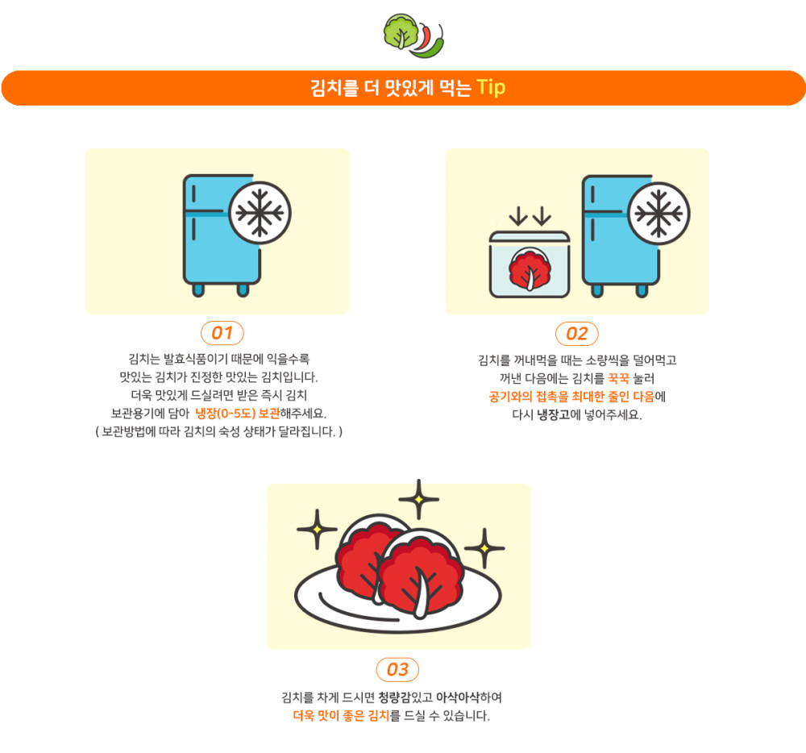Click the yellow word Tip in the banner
coord(491,88)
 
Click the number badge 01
coord(222,333)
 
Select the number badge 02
coord(577,334)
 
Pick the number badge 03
coord(397,670)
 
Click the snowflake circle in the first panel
coord(260,213)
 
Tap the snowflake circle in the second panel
coord(659,214)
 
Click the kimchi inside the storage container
coord(530,268)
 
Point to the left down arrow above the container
coord(518,216)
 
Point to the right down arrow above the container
coord(542,216)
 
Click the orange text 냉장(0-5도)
coord(225,414)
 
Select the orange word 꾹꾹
coord(618,379)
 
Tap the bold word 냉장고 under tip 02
coord(554,414)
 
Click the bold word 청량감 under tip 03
coord(395,697)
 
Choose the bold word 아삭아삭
coord(458,697)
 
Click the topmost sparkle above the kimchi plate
coord(419,499)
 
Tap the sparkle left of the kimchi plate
coord(317,529)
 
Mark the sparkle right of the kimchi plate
coord(484,548)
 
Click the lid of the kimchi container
coord(530,237)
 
